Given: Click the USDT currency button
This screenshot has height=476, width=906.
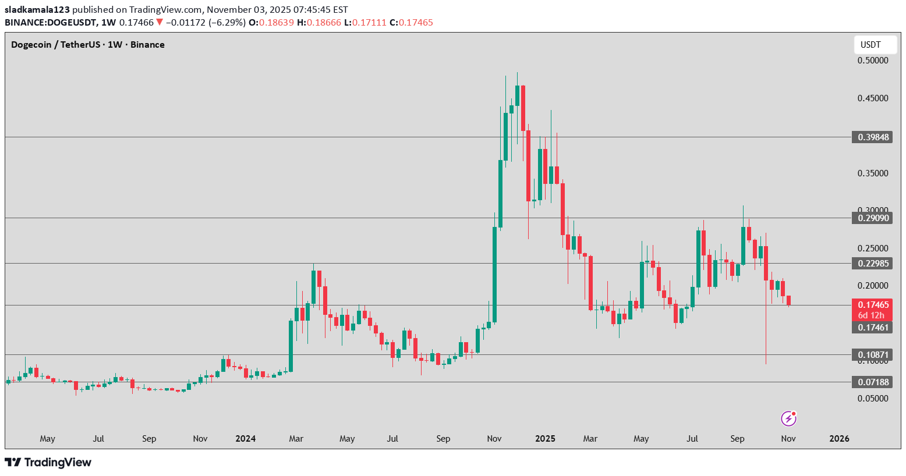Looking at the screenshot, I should [870, 45].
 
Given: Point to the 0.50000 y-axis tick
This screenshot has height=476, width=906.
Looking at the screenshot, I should [873, 61].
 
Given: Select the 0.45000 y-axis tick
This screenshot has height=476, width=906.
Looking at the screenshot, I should [873, 98].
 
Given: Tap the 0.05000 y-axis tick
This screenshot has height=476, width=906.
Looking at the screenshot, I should [873, 399].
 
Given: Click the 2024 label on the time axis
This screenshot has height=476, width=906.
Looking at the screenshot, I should [245, 439].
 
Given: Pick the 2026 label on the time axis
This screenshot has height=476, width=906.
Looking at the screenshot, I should [839, 439].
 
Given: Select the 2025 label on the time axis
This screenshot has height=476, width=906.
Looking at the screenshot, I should [545, 439].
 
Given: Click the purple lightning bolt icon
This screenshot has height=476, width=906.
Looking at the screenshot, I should [788, 418].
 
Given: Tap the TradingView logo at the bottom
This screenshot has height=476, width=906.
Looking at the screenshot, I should [48, 463].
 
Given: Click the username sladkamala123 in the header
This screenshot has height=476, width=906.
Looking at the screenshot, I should [37, 10].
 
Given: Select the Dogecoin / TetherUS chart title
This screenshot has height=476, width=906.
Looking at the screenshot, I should [88, 45].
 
